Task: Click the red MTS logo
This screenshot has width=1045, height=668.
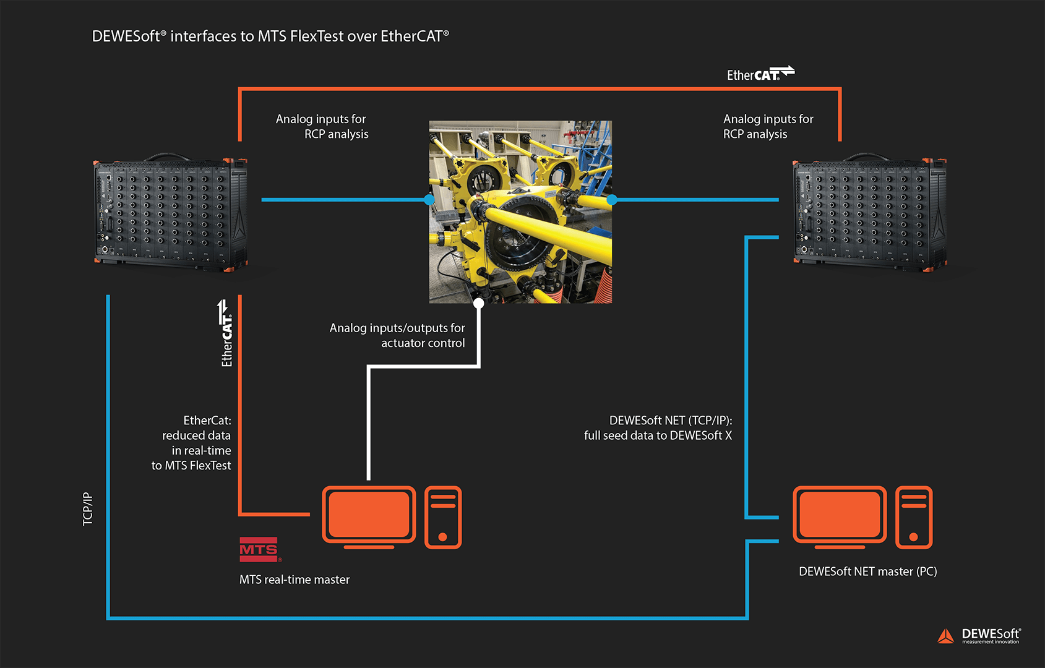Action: (259, 549)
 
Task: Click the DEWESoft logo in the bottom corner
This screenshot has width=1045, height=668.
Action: (979, 635)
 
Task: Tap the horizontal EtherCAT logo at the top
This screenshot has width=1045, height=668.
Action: (760, 74)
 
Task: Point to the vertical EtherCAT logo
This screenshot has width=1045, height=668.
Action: (226, 333)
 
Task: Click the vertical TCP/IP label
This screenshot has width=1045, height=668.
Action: (88, 509)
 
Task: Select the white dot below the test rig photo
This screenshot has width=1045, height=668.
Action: (478, 303)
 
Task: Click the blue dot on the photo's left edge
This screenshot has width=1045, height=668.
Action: (429, 200)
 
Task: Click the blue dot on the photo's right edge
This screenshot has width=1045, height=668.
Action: (612, 200)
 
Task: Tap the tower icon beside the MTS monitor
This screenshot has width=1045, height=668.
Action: (443, 518)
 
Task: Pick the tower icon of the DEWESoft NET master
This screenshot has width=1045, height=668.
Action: (914, 518)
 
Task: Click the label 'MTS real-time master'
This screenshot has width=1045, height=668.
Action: (295, 580)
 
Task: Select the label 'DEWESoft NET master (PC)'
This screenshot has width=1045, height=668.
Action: (867, 572)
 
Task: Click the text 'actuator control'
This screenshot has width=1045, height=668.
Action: (423, 343)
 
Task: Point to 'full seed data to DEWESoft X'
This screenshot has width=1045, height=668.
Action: (657, 435)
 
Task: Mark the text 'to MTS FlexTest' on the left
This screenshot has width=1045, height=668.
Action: (191, 466)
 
